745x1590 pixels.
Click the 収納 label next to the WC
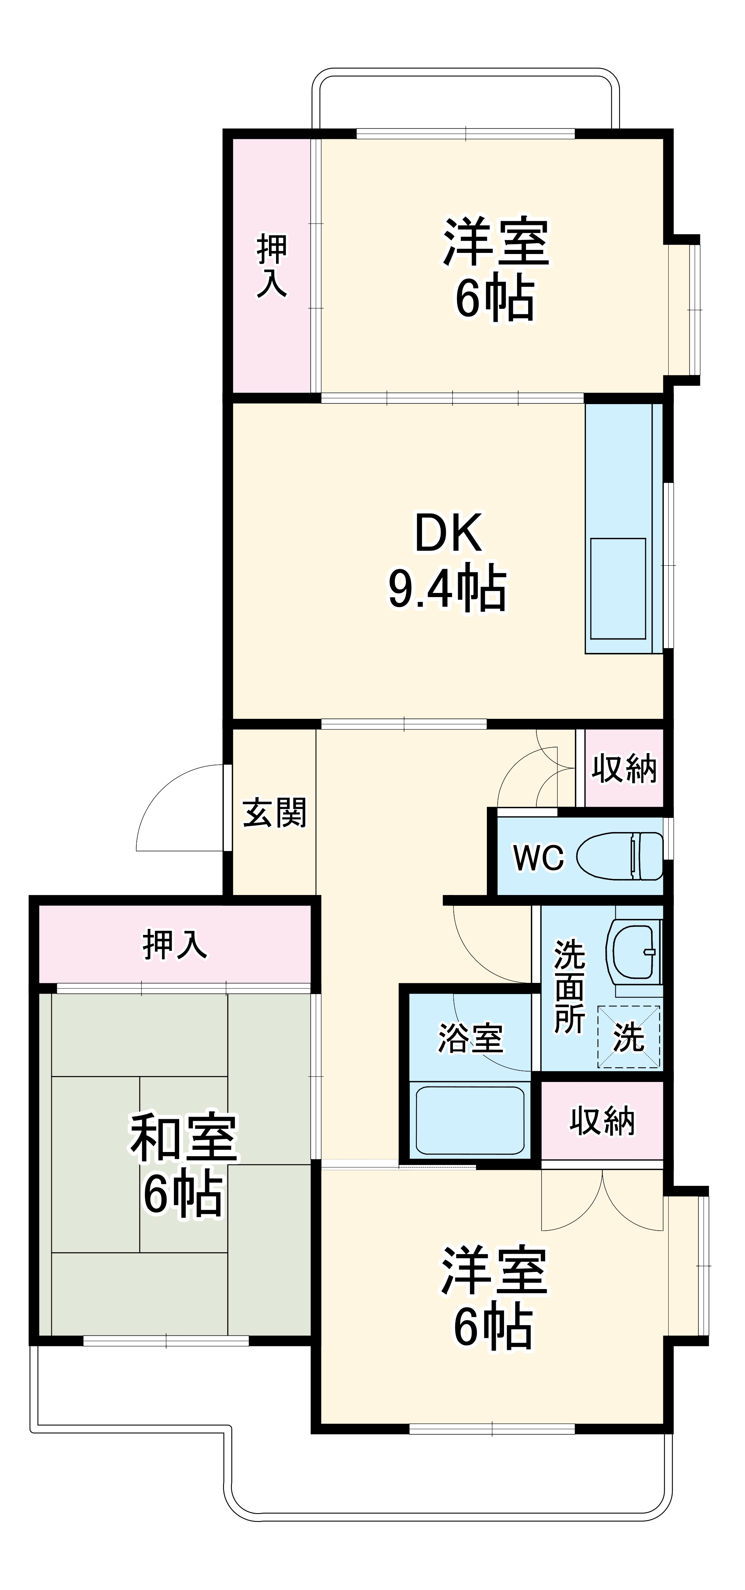tap(624, 768)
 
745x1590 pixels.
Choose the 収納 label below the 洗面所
tap(602, 1120)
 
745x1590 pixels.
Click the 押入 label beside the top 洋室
tap(272, 266)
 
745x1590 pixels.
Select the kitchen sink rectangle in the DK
tap(618, 588)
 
